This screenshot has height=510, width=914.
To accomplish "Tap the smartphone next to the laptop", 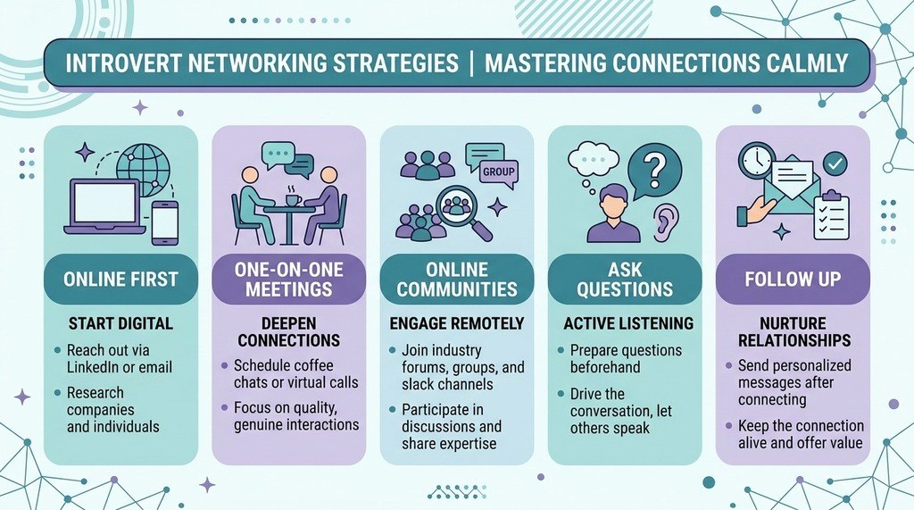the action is coord(165,223).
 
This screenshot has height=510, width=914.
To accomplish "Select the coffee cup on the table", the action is coord(293,200).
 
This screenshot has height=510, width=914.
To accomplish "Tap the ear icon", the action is coord(666,222).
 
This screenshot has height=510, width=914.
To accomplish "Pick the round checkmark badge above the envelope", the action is coord(835,164).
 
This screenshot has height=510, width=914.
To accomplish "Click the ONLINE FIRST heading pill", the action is coord(120,279).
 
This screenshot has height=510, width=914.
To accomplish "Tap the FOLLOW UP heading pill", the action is coord(793,279).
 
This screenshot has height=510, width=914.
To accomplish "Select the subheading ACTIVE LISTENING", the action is coord(628,323).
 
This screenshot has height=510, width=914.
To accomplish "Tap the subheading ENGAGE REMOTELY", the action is coord(457,323).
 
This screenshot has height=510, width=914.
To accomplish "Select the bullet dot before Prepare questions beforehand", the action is coord(561,351).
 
